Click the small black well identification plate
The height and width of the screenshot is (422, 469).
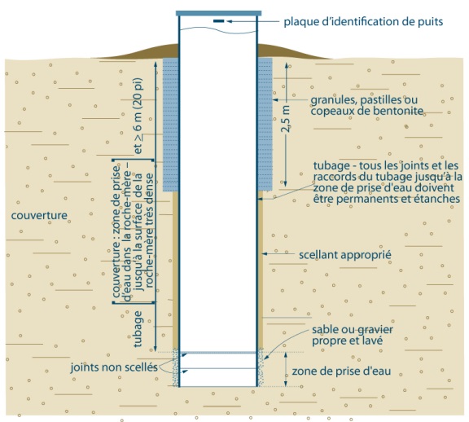coord(218,20)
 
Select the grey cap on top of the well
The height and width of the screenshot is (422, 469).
coord(218,11)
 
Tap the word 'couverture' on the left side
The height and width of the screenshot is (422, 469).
coord(42,216)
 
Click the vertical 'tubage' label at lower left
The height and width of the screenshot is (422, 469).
coord(138,327)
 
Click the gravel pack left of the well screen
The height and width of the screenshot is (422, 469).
coord(173,368)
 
